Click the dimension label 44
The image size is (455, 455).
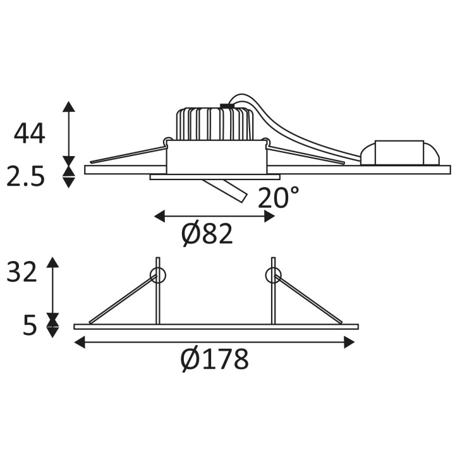(x=29, y=134)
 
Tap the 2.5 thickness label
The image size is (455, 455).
(x=25, y=176)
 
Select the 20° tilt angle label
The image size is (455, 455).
(x=278, y=197)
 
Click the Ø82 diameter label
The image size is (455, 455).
(x=207, y=234)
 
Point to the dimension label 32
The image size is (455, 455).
(x=21, y=272)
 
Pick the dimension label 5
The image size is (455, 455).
(x=30, y=325)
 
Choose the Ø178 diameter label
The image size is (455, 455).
(x=215, y=359)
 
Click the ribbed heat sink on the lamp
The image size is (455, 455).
(x=215, y=124)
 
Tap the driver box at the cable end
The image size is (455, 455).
(x=400, y=153)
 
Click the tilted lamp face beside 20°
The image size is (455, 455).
(x=226, y=191)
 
